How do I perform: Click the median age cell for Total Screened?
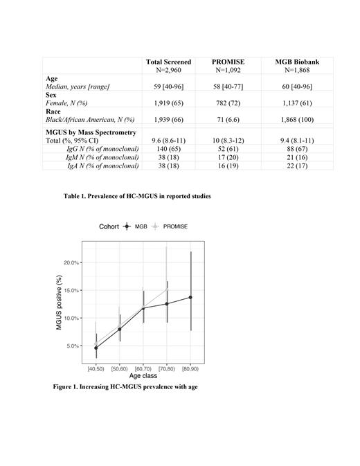point(169,86)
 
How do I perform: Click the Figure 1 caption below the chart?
point(125,386)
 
